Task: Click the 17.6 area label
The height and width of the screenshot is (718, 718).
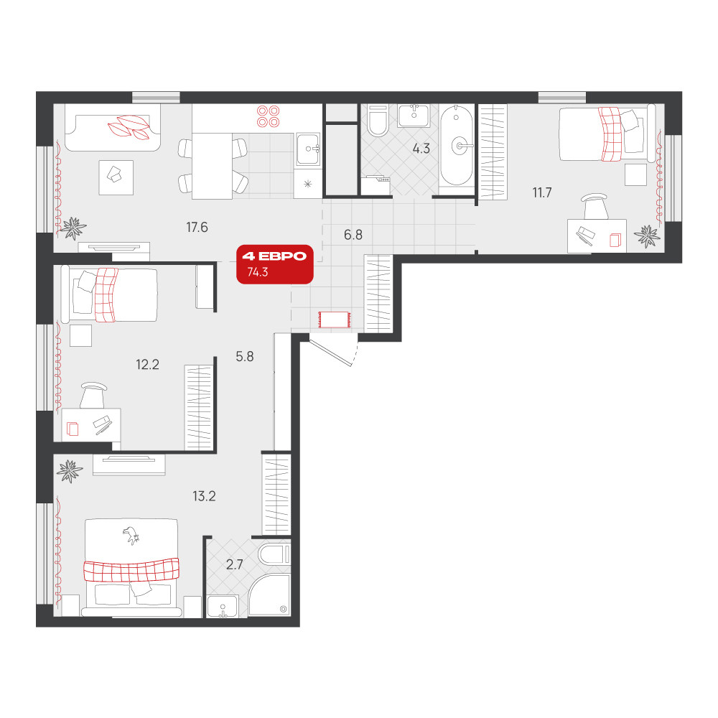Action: (x=197, y=227)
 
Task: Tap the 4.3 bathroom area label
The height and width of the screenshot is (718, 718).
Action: (x=421, y=149)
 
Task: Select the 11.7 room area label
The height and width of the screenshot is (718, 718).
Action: (x=541, y=192)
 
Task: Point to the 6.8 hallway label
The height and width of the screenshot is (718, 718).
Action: (x=353, y=235)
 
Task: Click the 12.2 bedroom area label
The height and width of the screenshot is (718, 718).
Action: (x=147, y=365)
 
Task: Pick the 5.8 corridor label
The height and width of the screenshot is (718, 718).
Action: (x=245, y=356)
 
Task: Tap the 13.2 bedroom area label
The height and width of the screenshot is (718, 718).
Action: (x=204, y=496)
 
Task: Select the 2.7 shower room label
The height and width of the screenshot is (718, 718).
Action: (x=235, y=564)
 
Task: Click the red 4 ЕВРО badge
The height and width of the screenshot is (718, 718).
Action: (x=275, y=264)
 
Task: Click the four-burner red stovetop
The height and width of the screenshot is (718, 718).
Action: (x=268, y=116)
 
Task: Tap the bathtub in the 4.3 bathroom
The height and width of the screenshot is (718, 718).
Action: (x=457, y=146)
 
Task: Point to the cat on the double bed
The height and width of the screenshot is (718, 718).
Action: (x=131, y=535)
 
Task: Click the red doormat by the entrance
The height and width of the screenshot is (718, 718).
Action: (x=335, y=320)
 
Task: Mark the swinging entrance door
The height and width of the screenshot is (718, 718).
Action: (x=330, y=351)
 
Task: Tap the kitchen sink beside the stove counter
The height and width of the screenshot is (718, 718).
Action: (x=309, y=149)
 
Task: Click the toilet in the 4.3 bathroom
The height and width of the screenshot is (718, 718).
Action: (x=378, y=121)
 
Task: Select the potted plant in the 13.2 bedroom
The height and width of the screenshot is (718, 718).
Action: (x=70, y=471)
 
